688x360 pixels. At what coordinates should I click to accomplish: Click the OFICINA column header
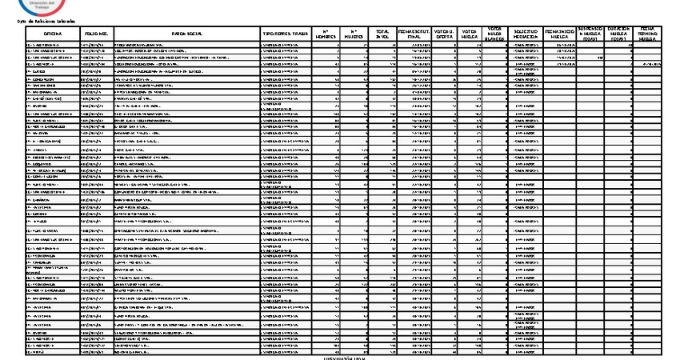click(53, 34)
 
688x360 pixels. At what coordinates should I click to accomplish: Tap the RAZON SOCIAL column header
click(186, 34)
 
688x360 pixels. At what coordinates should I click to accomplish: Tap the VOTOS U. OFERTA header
click(442, 34)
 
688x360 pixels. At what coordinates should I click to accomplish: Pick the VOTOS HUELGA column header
click(470, 34)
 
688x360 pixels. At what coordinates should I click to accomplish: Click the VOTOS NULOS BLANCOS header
click(496, 34)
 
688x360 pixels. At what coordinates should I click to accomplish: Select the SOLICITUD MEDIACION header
click(525, 34)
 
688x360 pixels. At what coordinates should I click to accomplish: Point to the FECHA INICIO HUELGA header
click(559, 34)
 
